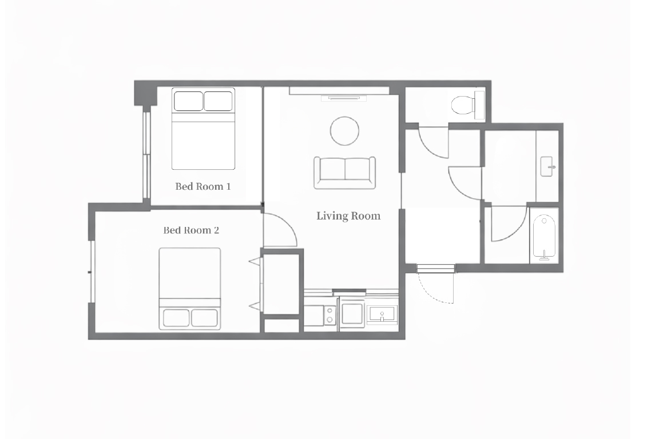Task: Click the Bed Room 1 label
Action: point(203,186)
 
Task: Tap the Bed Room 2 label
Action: point(191,230)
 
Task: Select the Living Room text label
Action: point(348,215)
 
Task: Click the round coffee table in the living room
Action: point(344,131)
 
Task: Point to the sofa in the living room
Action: point(344,173)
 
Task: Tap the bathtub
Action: point(544,237)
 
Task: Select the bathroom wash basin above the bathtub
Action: point(547,167)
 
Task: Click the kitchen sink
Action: point(382,314)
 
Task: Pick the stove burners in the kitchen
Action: point(330,316)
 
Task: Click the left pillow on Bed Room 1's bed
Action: point(188,101)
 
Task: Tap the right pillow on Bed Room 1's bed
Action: point(218,101)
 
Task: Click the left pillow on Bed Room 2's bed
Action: point(176,318)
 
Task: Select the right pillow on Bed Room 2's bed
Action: point(205,318)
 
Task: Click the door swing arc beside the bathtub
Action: point(517,230)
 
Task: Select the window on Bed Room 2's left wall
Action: point(92,272)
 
